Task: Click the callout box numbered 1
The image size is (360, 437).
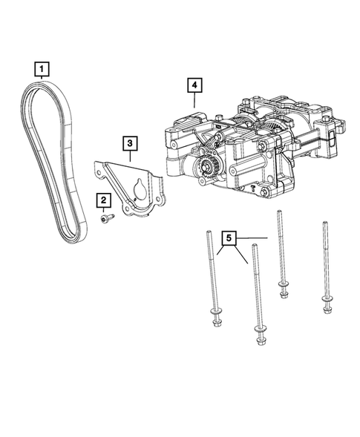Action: click(x=42, y=70)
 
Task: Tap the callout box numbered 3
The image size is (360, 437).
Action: click(x=129, y=142)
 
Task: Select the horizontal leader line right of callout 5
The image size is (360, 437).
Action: click(x=252, y=238)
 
